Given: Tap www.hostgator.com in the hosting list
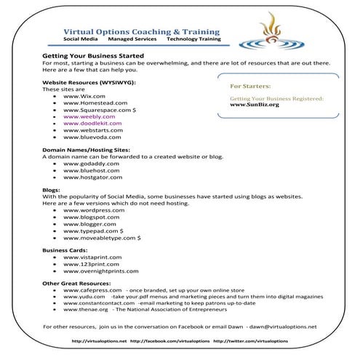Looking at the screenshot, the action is [x=92, y=177].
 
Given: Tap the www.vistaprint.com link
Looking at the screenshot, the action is [x=92, y=257].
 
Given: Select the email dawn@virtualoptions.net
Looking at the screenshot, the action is [x=284, y=327].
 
